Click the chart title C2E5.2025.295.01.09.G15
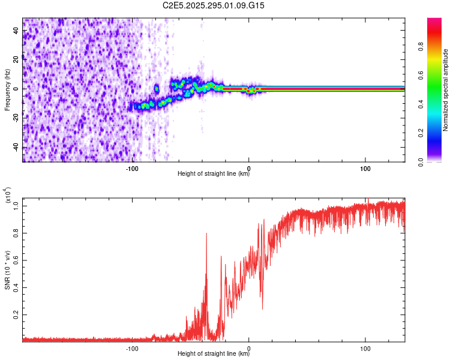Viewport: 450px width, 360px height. (x=214, y=5)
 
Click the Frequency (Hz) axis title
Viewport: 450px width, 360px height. (x=7, y=90)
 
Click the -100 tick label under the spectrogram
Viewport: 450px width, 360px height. (x=132, y=168)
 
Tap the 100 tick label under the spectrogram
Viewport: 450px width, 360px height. (x=365, y=168)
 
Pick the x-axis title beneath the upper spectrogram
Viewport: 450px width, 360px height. (x=214, y=175)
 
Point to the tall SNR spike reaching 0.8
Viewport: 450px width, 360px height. (x=206, y=235)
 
